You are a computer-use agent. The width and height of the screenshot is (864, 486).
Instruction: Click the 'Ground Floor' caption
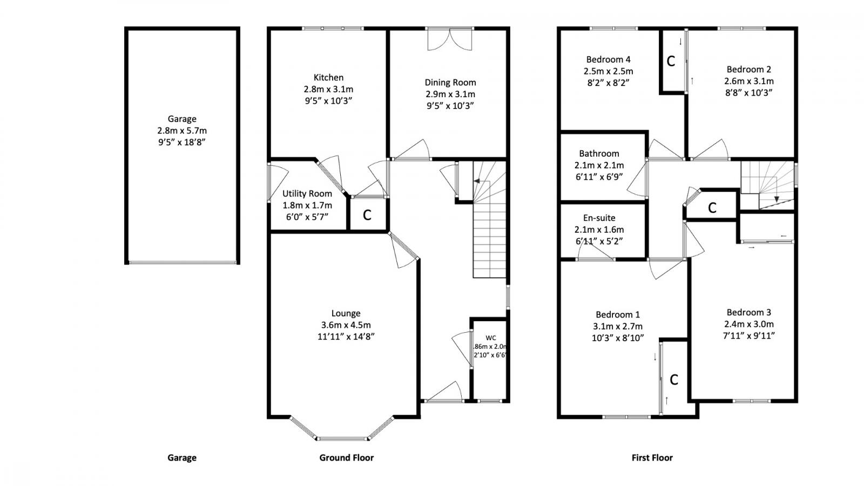point(346,457)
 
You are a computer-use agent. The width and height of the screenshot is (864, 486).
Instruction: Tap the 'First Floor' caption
point(652,457)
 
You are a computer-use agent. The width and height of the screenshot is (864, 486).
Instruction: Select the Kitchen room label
point(328,77)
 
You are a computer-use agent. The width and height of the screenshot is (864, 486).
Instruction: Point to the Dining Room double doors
point(450,39)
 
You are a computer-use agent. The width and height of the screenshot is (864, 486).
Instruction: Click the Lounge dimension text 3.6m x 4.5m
point(346,325)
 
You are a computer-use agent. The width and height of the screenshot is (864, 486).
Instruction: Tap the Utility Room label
point(307,193)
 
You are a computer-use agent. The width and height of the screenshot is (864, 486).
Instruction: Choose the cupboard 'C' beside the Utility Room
point(367,215)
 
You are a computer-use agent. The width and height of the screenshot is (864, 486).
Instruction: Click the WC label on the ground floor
point(490,338)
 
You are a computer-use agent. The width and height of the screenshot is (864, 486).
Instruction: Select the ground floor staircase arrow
point(477,182)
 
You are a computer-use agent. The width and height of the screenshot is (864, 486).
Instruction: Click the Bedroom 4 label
point(608,59)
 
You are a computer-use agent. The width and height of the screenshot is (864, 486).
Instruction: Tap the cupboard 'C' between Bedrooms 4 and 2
point(671,61)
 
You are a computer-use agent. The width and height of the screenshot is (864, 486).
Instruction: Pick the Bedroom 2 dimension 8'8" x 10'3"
point(748,92)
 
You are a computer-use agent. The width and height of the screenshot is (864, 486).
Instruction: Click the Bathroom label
point(599,153)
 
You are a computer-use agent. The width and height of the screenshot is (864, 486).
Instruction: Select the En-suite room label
point(599,218)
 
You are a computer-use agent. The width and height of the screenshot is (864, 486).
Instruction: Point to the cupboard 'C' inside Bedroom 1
point(673,380)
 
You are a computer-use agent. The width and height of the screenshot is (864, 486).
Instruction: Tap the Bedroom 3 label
point(748,312)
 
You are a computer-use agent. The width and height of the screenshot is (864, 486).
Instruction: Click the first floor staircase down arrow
point(777,198)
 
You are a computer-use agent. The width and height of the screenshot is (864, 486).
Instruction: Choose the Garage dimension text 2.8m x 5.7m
point(181,131)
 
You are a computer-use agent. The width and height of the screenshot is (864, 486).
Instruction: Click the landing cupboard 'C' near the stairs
point(712,207)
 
